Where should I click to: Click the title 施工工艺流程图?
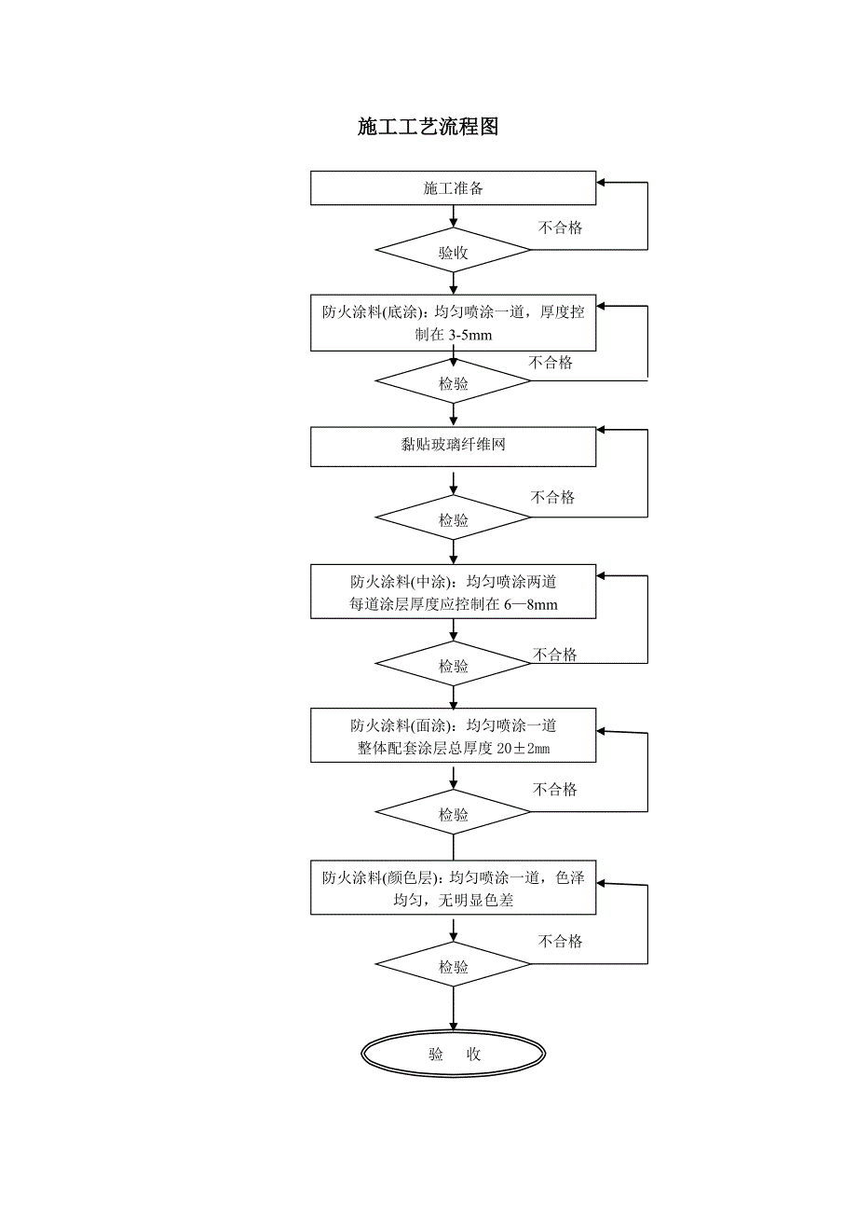pyautogui.click(x=428, y=128)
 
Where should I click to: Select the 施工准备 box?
pyautogui.click(x=453, y=187)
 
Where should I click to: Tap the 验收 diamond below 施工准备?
pyautogui.click(x=453, y=252)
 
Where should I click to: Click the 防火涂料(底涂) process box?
pyautogui.click(x=453, y=324)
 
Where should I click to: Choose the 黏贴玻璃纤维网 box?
pyautogui.click(x=453, y=446)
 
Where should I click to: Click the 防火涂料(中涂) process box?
pyautogui.click(x=453, y=592)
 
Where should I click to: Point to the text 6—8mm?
pyautogui.click(x=531, y=605)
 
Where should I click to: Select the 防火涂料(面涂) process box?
pyautogui.click(x=453, y=736)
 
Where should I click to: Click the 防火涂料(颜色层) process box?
pyautogui.click(x=453, y=889)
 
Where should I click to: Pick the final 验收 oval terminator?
pyautogui.click(x=454, y=1055)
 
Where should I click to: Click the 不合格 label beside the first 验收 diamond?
pyautogui.click(x=560, y=228)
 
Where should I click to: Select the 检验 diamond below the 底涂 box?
pyautogui.click(x=453, y=383)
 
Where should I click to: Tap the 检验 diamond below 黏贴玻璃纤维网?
pyautogui.click(x=453, y=520)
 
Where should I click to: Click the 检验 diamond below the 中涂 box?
pyautogui.click(x=453, y=666)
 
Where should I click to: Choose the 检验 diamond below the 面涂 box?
pyautogui.click(x=453, y=814)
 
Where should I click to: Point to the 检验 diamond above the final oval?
pyautogui.click(x=453, y=967)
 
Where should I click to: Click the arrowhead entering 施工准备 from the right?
pyautogui.click(x=603, y=183)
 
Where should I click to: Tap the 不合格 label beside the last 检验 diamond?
pyautogui.click(x=560, y=942)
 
